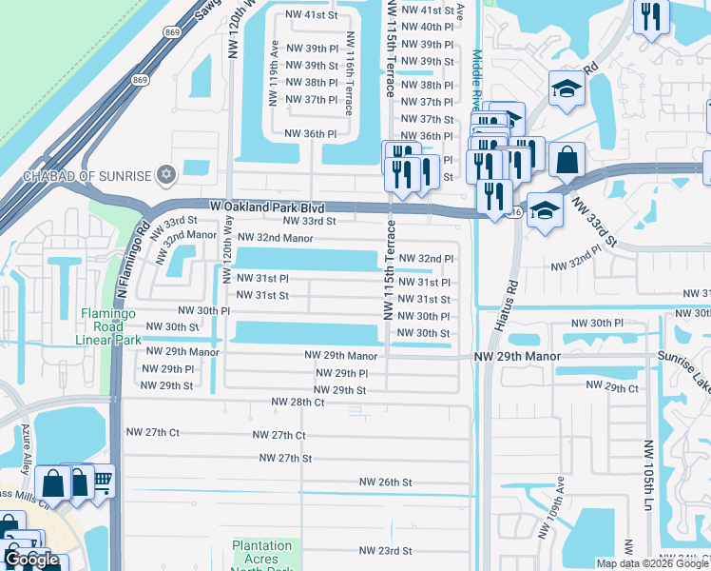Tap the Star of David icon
point(168,174)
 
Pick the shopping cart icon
point(102,481)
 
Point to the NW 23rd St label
point(385,551)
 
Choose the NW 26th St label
point(385,482)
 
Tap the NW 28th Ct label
point(298,403)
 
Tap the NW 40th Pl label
point(427,27)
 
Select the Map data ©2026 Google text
point(651,563)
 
